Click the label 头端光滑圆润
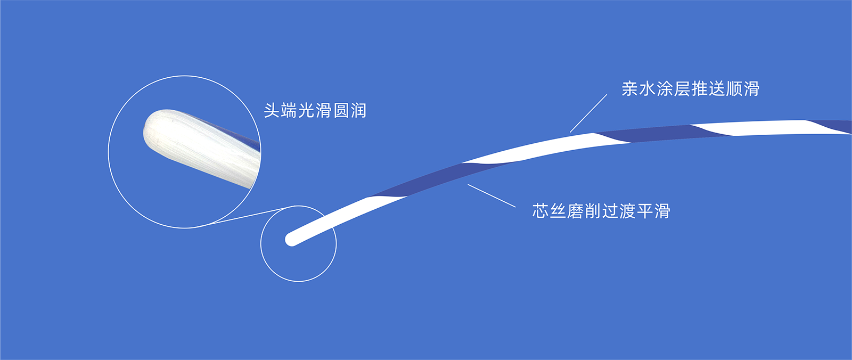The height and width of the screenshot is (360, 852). point(315,110)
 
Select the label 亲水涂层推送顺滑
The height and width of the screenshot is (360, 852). point(691,88)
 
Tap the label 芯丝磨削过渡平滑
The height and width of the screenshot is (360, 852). point(601,211)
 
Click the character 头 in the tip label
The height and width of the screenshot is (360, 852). point(272,110)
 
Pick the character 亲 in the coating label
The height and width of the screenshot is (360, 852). point(630,88)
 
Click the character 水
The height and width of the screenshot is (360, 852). point(648,88)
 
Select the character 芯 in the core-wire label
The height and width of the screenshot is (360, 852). point(540,211)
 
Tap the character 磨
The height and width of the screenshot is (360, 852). point(575,211)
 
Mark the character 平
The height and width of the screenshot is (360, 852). point(645,211)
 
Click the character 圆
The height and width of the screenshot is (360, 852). point(341,110)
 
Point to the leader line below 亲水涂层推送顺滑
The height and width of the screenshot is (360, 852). point(588,113)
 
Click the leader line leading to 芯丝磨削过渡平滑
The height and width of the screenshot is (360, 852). point(491,195)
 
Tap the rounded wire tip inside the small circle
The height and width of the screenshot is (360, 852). point(291,240)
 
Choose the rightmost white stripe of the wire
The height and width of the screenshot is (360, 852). point(768,127)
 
